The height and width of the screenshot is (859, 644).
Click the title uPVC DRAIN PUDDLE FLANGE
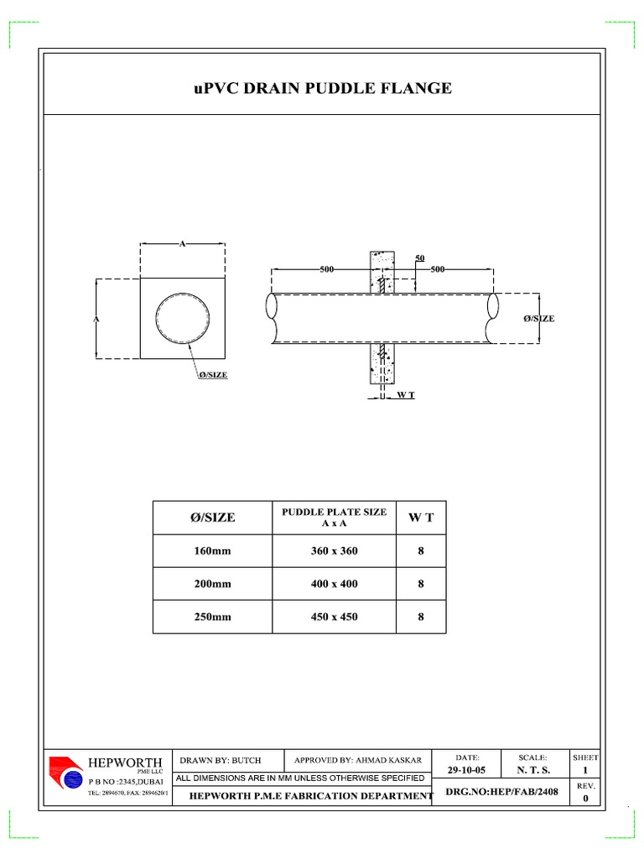322,88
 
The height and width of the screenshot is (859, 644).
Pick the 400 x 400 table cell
334,584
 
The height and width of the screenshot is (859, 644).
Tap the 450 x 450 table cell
334,617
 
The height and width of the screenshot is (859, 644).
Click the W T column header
421,518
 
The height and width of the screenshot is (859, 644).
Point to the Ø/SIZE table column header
212,518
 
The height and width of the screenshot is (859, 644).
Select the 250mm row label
212,617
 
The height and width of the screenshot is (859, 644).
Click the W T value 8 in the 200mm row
421,584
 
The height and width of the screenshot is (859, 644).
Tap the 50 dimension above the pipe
420,257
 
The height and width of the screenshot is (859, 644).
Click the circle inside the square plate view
182,319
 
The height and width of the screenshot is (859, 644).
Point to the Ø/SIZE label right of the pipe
538,319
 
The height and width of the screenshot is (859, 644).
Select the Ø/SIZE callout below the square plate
212,375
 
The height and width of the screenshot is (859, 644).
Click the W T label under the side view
405,394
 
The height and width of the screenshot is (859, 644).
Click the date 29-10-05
466,770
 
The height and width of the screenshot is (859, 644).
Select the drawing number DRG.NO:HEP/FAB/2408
500,791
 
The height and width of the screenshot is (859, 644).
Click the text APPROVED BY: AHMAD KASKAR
358,760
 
